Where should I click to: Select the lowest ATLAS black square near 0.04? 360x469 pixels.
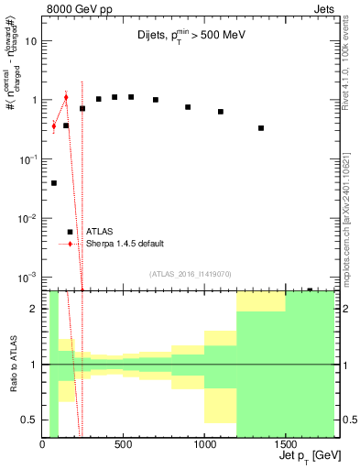point(54,183)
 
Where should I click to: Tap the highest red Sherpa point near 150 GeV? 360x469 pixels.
point(66,97)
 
